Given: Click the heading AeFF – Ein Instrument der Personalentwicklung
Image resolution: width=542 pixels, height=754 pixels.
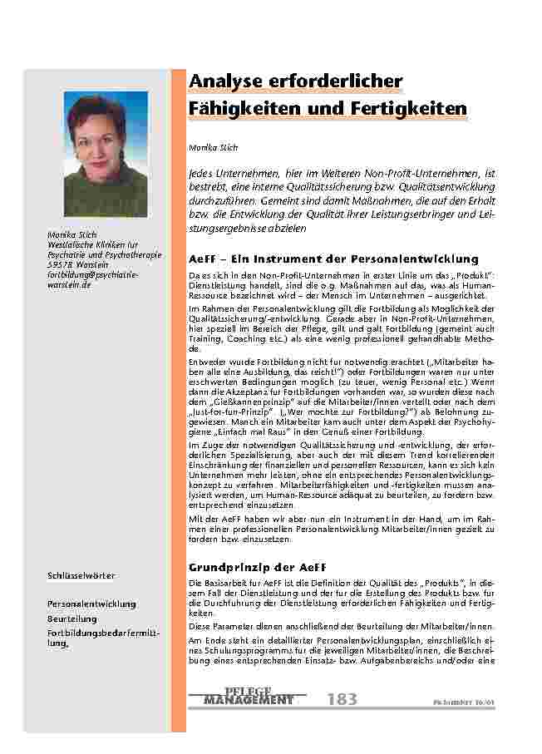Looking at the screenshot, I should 333,259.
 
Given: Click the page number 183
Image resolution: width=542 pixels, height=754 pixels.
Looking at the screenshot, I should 342,699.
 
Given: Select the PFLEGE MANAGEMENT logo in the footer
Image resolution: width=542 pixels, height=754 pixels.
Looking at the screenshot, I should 248,697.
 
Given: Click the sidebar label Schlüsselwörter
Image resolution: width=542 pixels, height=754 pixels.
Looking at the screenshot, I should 81,575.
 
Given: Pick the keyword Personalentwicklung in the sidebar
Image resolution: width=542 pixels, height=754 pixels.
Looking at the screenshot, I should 91,604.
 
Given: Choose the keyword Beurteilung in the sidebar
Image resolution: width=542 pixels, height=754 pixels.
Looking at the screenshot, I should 72,618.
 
